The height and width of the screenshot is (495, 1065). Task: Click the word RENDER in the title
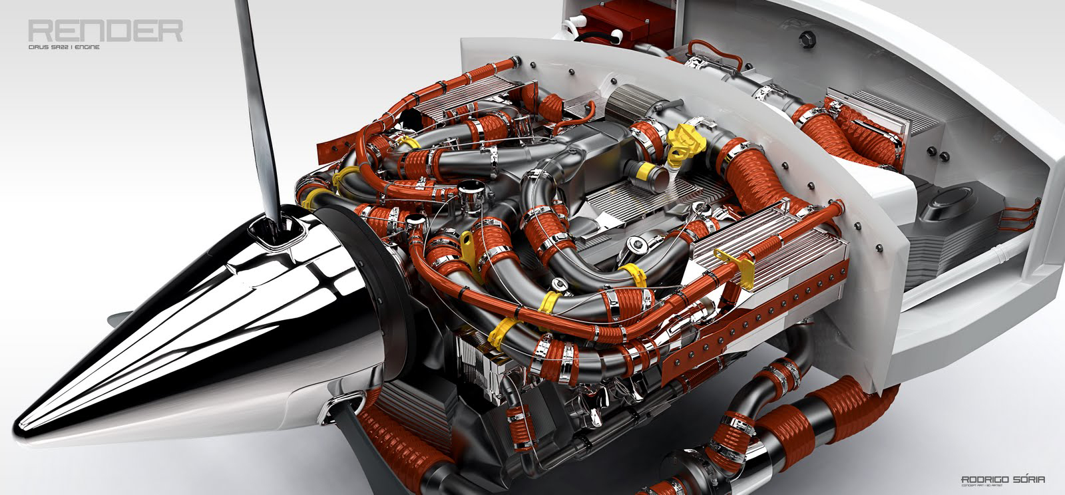click(105, 31)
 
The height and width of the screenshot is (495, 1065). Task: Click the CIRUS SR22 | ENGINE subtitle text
click(64, 48)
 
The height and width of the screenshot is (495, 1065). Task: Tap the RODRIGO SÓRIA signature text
click(1002, 479)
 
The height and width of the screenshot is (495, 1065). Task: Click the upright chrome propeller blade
click(260, 100)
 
